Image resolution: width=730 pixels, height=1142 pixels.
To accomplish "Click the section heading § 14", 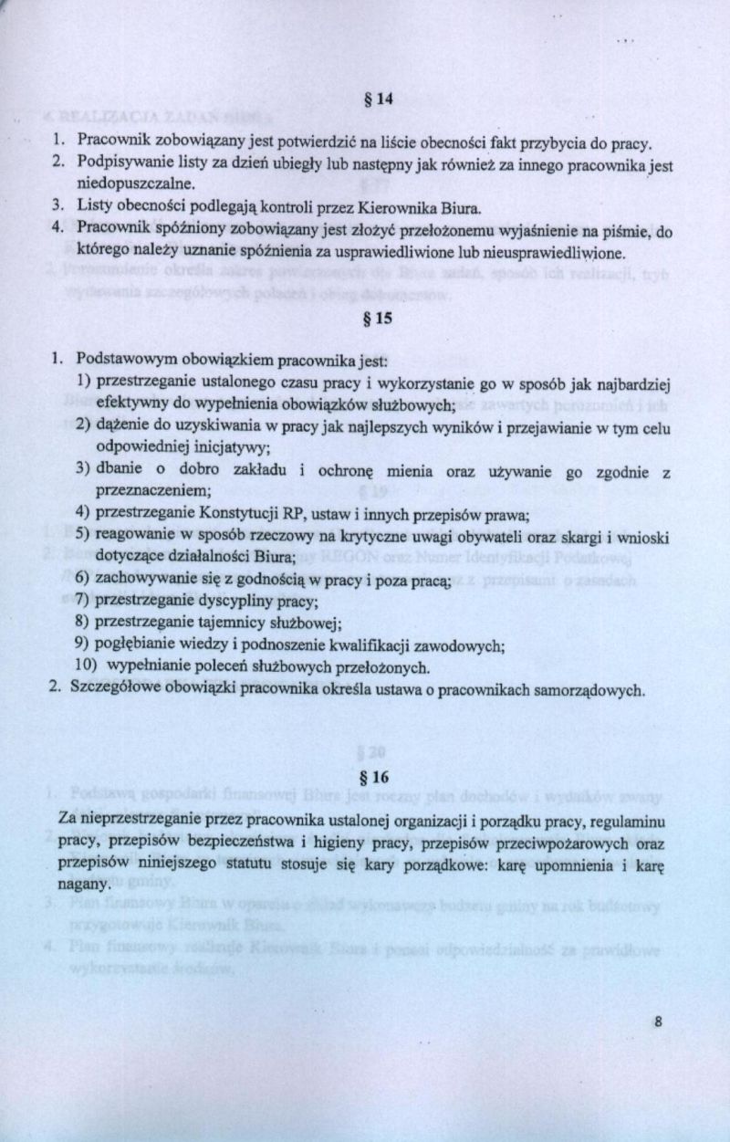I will click(376, 101).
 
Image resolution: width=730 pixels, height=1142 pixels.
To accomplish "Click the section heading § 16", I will click(375, 778).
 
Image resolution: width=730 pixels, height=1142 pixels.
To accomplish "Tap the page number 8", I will click(657, 1022).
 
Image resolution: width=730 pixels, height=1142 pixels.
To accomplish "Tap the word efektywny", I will click(129, 402).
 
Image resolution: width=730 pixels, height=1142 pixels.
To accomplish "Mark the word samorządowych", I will click(589, 689).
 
